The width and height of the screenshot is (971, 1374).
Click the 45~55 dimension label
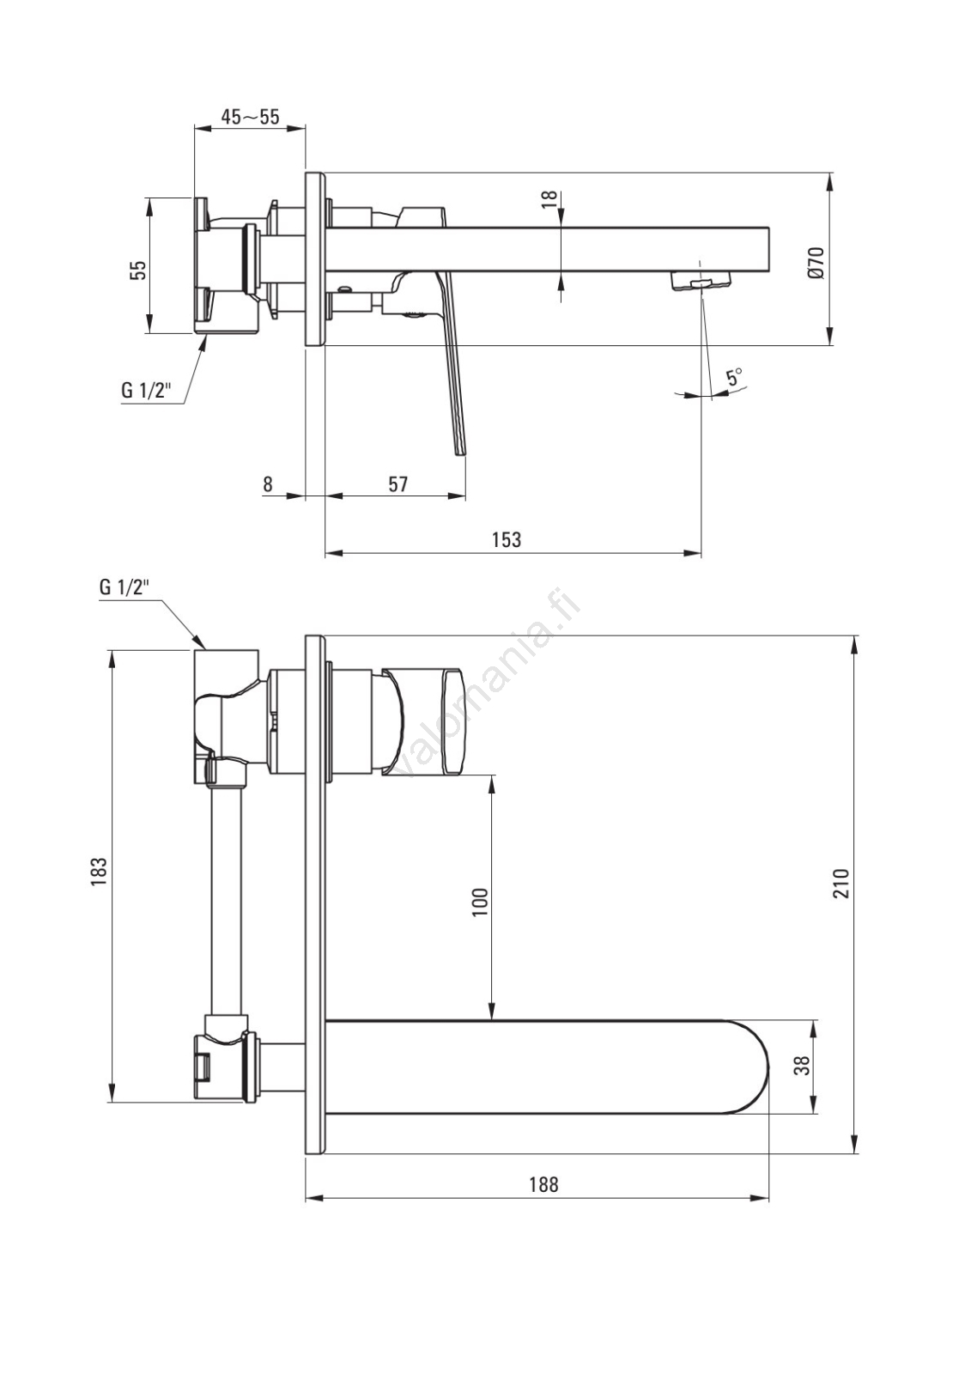pos(250,117)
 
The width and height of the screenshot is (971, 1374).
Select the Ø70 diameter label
pos(816,263)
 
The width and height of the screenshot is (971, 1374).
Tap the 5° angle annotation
pos(734,376)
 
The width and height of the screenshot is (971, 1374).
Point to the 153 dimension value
pos(507,539)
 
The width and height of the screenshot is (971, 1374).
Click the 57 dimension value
pos(398,484)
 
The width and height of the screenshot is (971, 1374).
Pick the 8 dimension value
pos(268,484)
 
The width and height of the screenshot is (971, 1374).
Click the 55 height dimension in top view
pos(141,270)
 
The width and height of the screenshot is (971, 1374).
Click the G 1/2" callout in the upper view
pos(145,390)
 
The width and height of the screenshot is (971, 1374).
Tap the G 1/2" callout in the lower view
pos(124,587)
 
